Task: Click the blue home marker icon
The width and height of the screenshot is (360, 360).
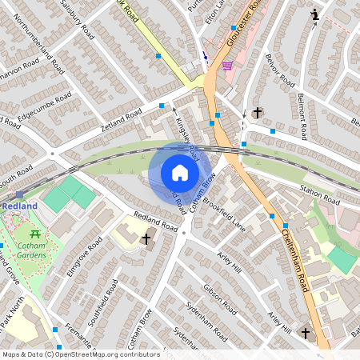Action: click(179, 172)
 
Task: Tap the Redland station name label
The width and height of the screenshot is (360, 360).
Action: click(19, 206)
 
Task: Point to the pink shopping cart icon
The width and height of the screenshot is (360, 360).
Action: click(227, 65)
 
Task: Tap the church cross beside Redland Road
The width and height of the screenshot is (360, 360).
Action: click(146, 239)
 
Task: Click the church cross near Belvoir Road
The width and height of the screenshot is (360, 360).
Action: click(257, 113)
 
